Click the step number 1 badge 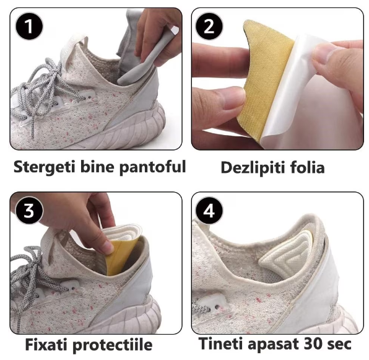point(29,26)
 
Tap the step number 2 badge point(209,26)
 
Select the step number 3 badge point(29,210)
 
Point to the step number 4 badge point(209,210)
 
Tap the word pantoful point(153,167)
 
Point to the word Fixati point(46,345)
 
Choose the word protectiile point(113,345)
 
